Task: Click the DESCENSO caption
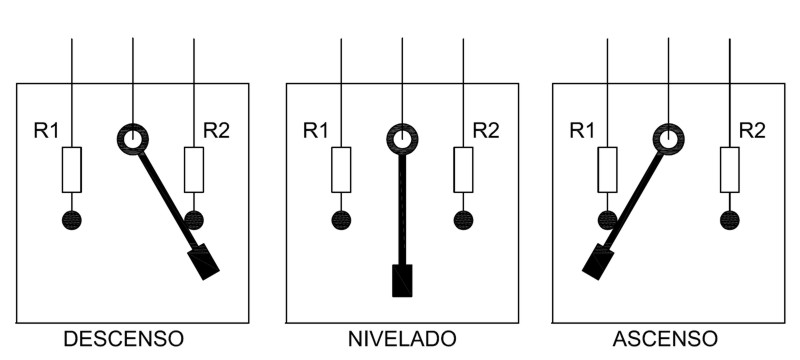point(123,339)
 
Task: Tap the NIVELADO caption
point(402,339)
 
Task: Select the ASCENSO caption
point(665,339)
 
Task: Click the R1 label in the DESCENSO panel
point(46,131)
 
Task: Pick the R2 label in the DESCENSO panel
point(216,131)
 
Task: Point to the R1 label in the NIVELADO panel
point(316,131)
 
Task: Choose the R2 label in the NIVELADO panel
point(486,131)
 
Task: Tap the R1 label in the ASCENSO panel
point(582,131)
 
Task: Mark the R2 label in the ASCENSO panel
point(752,131)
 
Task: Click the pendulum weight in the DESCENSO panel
point(204,262)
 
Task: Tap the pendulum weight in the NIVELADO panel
point(402,280)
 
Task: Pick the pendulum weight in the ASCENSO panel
point(598,262)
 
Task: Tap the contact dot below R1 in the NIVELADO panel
point(341,220)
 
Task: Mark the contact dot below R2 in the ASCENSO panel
point(730,220)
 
